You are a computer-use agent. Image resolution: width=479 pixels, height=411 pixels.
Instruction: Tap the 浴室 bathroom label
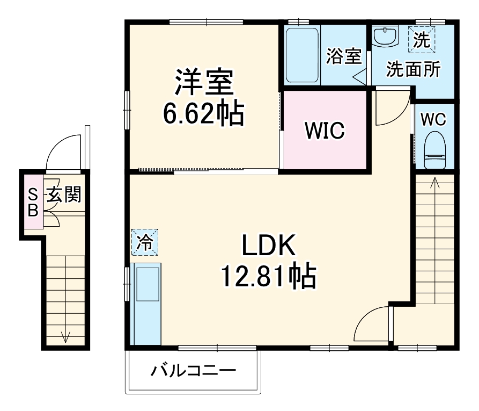tap(343, 56)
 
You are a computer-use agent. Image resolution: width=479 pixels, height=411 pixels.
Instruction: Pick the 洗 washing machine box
tap(422, 39)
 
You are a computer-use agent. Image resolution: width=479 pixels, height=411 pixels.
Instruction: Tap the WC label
tap(433, 120)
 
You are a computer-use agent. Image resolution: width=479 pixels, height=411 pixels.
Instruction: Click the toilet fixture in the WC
tap(434, 153)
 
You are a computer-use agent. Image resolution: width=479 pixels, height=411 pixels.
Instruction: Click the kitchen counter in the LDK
tap(146, 304)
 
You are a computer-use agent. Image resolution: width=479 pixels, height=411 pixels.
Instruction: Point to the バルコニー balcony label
tap(193, 371)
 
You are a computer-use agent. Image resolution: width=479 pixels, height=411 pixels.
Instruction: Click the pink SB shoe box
tap(33, 202)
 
